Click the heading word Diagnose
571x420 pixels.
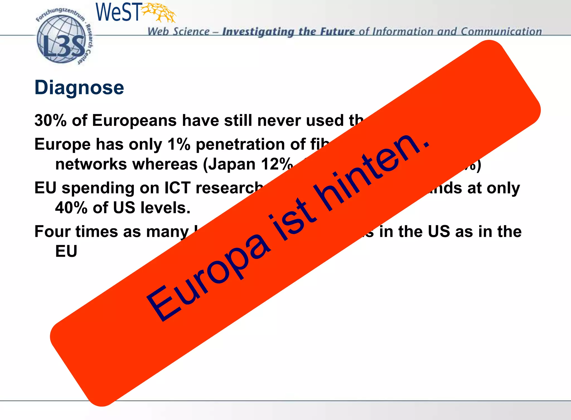tap(79, 88)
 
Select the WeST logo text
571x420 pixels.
tap(118, 12)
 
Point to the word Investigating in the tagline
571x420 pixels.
tap(258, 32)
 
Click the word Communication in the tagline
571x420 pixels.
tap(501, 31)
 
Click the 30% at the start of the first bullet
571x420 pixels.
tap(50, 120)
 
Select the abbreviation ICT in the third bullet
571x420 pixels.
tap(178, 188)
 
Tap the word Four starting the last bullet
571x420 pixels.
tap(52, 232)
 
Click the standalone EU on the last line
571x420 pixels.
tap(66, 251)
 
